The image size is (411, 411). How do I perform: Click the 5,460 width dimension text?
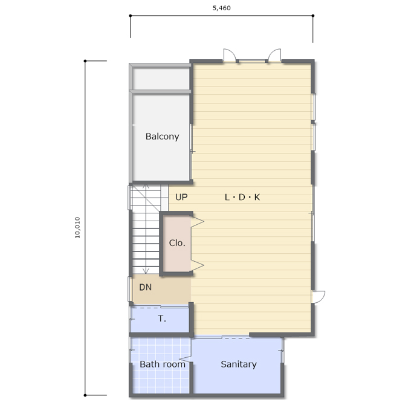click(221, 8)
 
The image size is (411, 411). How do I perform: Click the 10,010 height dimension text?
click(77, 227)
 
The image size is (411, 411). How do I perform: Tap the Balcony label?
click(162, 137)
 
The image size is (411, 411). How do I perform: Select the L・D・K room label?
click(242, 197)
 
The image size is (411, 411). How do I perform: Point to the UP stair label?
click(181, 197)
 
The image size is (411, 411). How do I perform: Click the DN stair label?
click(145, 287)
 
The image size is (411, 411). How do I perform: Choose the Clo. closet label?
click(177, 243)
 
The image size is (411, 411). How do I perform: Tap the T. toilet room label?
click(162, 319)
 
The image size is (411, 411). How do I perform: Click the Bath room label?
click(163, 364)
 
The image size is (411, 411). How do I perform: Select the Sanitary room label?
click(239, 364)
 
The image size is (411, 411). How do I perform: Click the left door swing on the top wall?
click(229, 54)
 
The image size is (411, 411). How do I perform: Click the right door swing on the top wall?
click(274, 54)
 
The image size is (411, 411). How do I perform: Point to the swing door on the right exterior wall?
click(319, 296)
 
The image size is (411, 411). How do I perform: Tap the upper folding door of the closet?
click(197, 222)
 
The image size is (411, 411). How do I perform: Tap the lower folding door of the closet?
click(197, 265)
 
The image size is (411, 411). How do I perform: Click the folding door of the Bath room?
click(186, 358)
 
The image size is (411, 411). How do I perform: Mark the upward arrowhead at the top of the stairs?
click(146, 186)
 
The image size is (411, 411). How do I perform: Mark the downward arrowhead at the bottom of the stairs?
click(146, 271)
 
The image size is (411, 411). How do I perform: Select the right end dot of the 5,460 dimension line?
click(312, 16)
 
